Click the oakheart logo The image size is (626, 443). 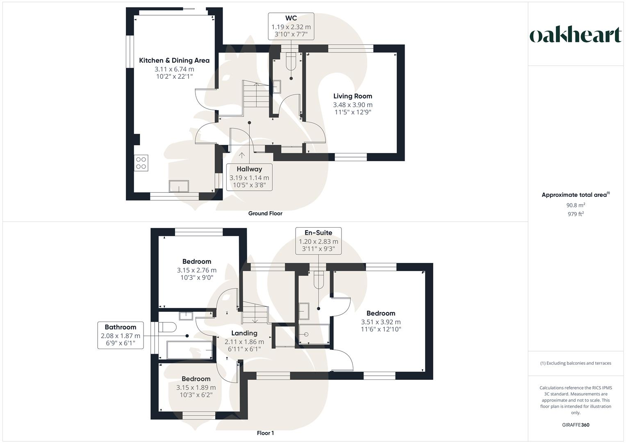coord(576,35)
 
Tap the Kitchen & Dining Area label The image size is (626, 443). coord(174,60)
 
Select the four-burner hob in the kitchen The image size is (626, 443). coord(141,163)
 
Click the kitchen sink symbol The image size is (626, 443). coord(179,186)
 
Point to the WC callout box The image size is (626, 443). coord(291,26)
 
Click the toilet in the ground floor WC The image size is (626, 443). coord(291,60)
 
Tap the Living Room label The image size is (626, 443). coord(353,96)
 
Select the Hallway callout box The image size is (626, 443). coord(249,177)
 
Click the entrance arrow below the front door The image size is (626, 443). coord(242,155)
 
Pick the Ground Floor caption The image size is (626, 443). coord(265,213)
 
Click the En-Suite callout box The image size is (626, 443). coord(318,241)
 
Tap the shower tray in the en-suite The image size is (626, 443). coord(314,334)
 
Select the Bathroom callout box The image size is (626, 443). coord(121,335)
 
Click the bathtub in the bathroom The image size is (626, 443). coord(189,350)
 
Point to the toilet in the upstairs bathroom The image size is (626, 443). coord(167,327)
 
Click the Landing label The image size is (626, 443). coord(244,333)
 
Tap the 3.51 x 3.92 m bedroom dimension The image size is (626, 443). coord(381,322)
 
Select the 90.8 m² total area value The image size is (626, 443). coord(576,205)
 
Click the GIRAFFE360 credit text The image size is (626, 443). coord(576,425)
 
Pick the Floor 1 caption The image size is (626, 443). coord(265,433)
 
